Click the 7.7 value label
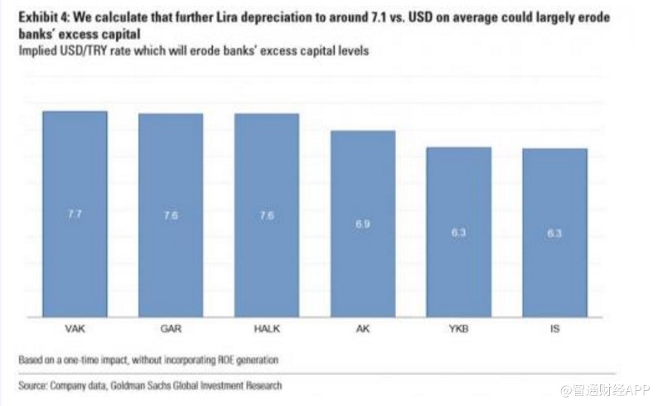(x=75, y=215)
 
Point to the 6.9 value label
(x=363, y=224)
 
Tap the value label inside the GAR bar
(x=171, y=215)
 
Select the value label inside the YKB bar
(x=459, y=233)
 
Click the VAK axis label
(x=75, y=328)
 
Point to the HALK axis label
(x=267, y=328)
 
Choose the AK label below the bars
(x=363, y=328)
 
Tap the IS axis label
(x=554, y=328)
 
